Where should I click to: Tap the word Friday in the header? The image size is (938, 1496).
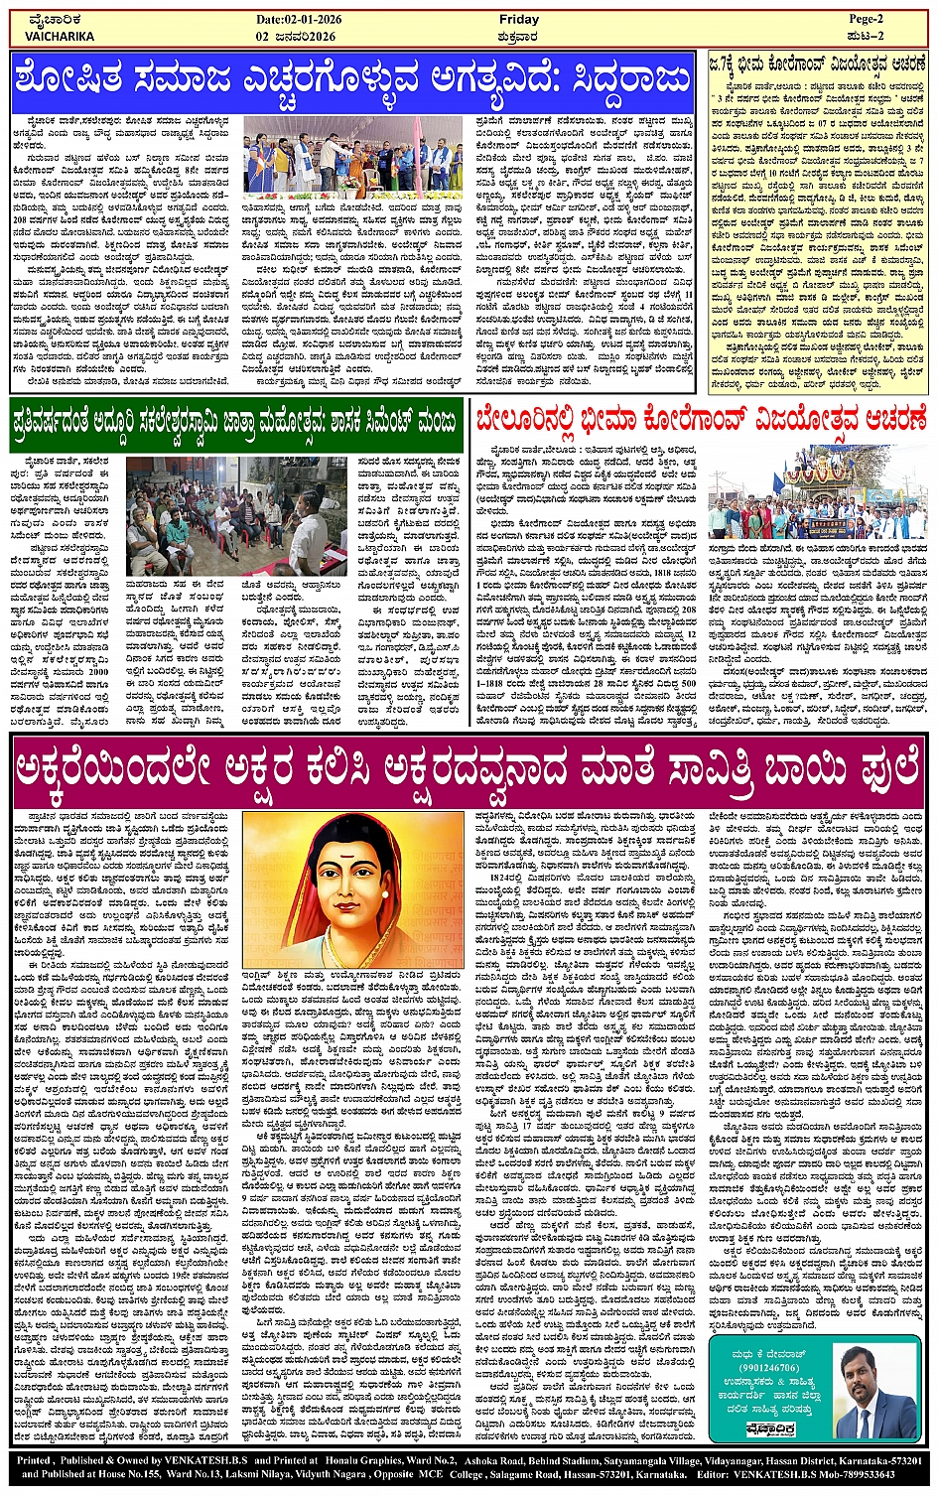(518, 19)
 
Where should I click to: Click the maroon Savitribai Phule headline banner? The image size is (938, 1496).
(469, 768)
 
